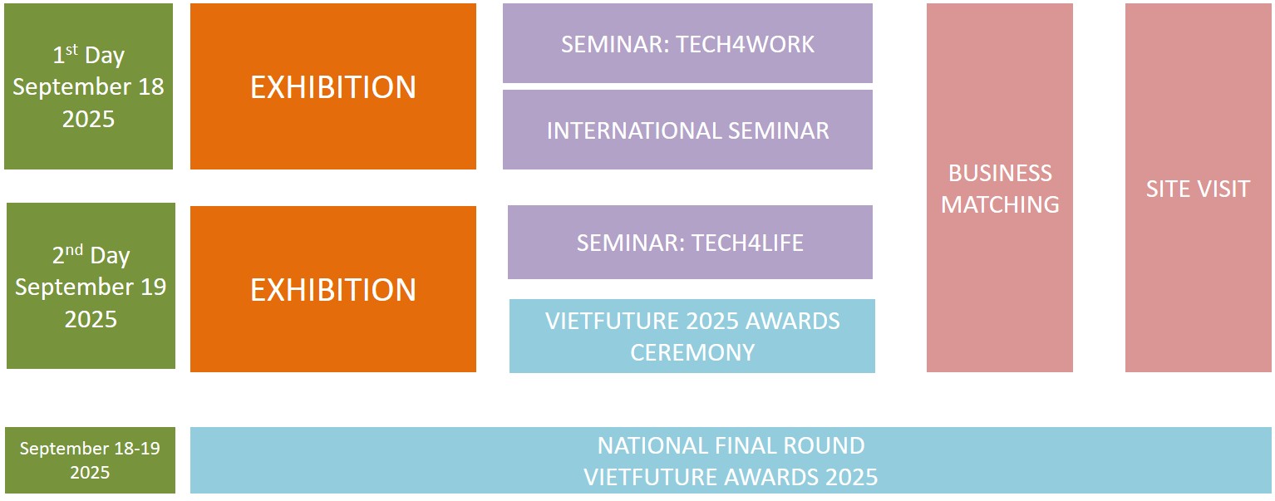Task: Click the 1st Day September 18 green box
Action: coord(88,86)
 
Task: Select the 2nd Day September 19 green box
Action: coord(91,286)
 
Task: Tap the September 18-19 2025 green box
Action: coord(90,460)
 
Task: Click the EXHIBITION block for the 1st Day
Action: coord(333,86)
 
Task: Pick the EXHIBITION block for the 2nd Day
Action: coord(333,289)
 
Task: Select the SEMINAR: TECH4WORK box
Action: coord(687,43)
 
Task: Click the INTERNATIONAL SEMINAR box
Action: coord(687,130)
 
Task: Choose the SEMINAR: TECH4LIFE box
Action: coord(690,243)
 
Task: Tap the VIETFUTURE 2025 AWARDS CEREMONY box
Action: coord(692,336)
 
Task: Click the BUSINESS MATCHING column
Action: coord(1000,188)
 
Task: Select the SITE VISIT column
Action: coord(1199,188)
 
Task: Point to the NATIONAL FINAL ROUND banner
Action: coord(731,460)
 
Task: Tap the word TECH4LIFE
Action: coord(747,243)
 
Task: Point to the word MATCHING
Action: coord(1000,204)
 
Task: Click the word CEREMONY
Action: coord(692,352)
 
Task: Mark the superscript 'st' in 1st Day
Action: coord(71,50)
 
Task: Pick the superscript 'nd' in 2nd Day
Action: coord(74,249)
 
